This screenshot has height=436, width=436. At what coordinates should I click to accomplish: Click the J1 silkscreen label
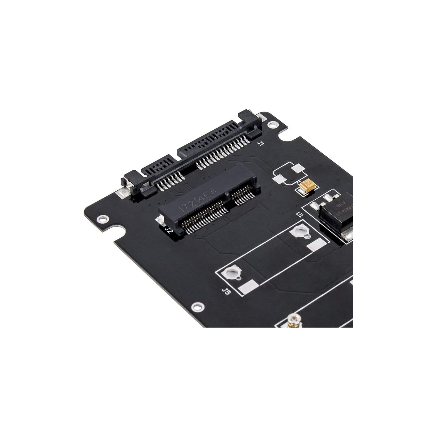[x=261, y=143]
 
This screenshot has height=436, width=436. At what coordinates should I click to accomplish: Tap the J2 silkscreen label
[x=168, y=230]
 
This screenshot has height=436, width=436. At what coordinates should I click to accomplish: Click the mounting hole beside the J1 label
[x=272, y=125]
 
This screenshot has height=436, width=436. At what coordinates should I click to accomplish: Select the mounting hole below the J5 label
[x=199, y=306]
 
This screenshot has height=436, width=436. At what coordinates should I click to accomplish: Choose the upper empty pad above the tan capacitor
[x=298, y=169]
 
